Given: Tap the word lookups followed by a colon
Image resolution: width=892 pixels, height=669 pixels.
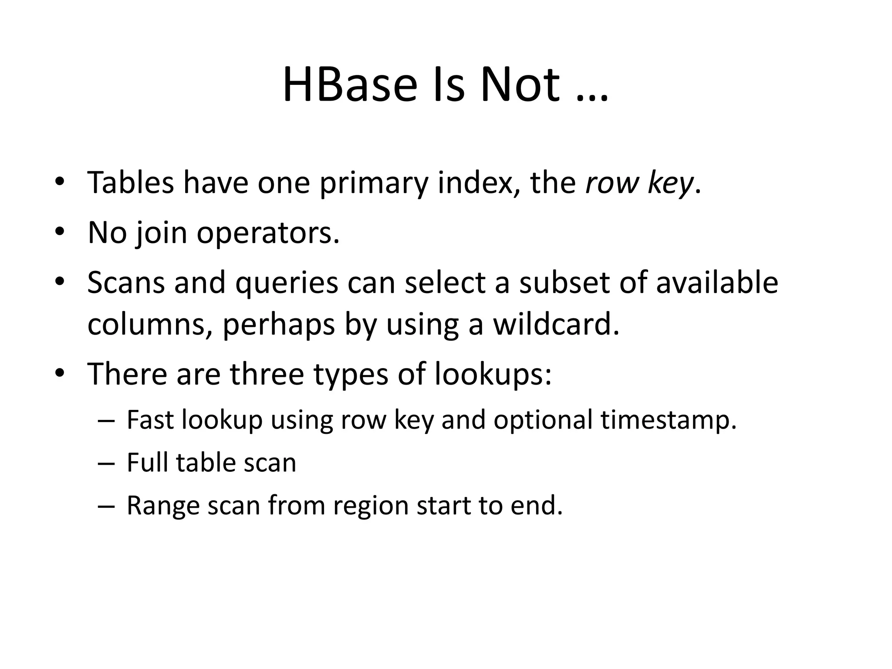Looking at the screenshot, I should tap(493, 375).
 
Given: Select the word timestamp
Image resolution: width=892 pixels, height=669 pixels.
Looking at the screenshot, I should tap(668, 421).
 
